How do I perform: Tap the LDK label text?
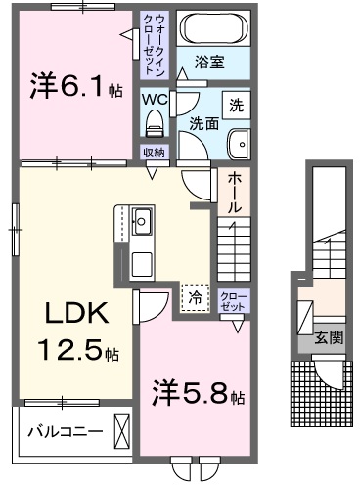tap(70, 315)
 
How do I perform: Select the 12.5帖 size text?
tap(76, 348)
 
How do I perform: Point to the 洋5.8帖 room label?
tap(196, 394)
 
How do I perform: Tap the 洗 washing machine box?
tap(236, 105)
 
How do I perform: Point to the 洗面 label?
tap(203, 124)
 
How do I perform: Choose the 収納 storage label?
tap(154, 152)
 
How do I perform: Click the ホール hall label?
tap(234, 194)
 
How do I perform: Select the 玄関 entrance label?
tap(328, 338)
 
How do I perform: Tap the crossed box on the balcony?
tap(121, 430)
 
